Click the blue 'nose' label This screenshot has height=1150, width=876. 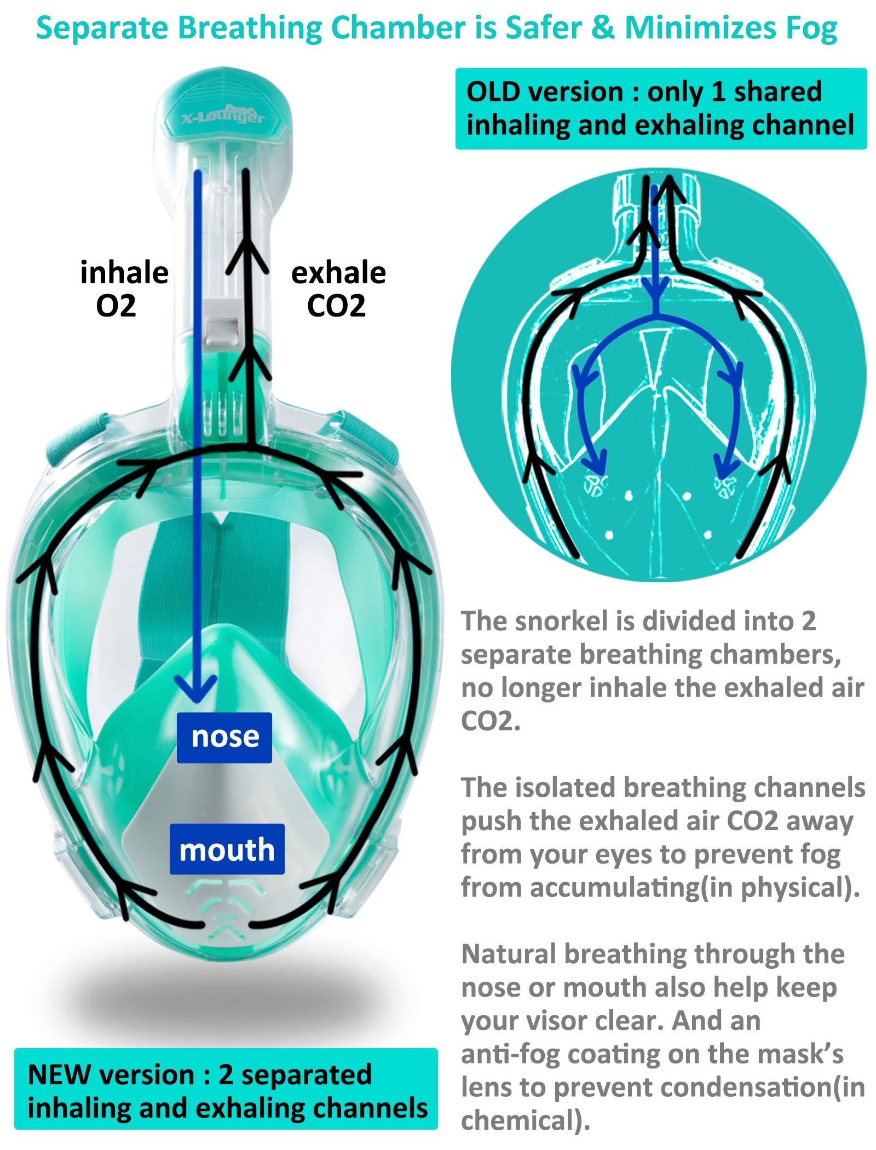tap(224, 737)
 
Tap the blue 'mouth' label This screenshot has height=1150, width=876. tap(227, 849)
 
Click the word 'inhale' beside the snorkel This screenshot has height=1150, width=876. tap(124, 273)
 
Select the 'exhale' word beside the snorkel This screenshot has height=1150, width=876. tap(338, 273)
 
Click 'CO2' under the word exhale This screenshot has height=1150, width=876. tap(336, 306)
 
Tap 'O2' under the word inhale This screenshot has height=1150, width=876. tap(116, 306)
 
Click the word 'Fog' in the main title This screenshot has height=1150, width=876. tap(812, 28)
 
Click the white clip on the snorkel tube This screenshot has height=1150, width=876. tap(221, 323)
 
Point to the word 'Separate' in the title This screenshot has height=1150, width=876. tap(102, 28)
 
